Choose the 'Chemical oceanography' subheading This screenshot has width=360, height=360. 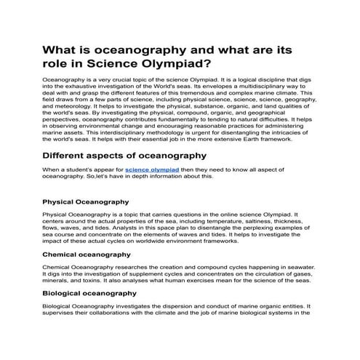87,255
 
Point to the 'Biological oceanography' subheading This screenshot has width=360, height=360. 89,292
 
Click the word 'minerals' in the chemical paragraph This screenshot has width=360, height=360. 57,281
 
